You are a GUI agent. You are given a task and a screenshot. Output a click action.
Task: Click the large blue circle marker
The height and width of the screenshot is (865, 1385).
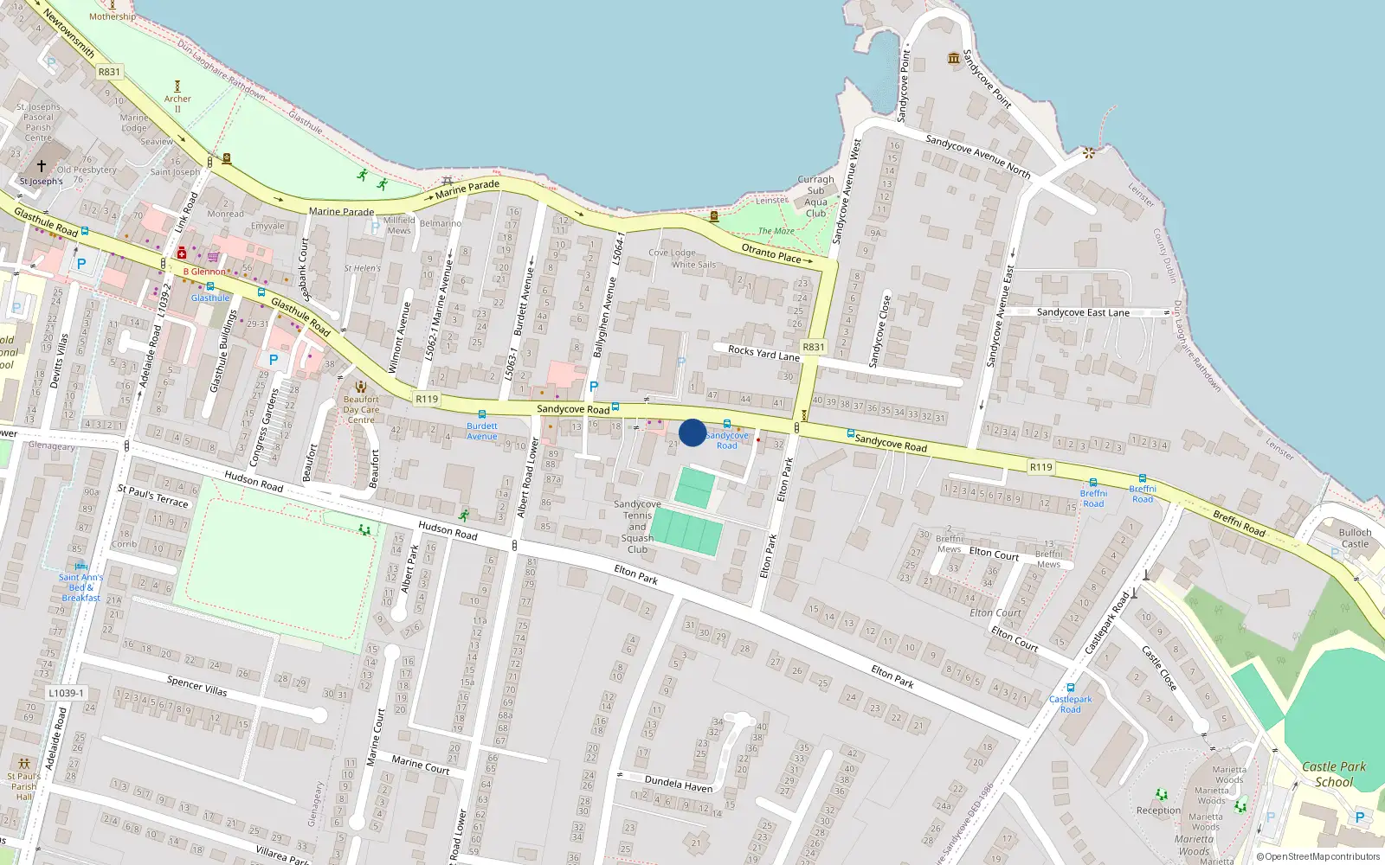692,432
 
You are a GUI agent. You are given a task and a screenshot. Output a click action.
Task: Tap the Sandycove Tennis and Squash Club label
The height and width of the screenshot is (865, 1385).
637,526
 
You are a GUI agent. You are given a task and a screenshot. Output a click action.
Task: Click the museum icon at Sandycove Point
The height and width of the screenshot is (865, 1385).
954,58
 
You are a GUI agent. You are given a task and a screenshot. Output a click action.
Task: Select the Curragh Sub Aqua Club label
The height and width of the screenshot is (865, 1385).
815,196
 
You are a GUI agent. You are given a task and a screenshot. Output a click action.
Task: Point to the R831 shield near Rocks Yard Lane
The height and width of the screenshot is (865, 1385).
814,347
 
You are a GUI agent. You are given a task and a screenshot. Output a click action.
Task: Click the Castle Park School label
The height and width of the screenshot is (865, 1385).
1334,774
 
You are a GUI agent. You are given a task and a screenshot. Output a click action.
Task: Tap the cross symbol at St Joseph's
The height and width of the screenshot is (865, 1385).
41,165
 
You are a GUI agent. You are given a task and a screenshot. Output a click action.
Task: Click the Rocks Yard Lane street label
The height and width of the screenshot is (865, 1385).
763,353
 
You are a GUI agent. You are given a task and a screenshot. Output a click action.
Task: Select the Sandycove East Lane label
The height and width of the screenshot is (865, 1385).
1083,312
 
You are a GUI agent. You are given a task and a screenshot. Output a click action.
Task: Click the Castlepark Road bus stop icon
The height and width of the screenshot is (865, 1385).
1071,689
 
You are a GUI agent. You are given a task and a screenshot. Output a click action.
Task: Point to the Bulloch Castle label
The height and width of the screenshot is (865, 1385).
1355,538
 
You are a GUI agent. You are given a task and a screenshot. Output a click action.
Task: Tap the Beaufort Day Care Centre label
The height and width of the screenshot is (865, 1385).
361,409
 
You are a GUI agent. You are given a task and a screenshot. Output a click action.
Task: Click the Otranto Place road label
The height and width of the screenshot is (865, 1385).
772,253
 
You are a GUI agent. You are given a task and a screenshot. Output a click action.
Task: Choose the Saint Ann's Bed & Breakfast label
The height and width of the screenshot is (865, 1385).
81,587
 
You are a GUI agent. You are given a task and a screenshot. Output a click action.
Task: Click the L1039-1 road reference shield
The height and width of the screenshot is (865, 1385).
67,693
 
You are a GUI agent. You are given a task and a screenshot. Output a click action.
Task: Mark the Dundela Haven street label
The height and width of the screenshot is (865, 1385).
679,784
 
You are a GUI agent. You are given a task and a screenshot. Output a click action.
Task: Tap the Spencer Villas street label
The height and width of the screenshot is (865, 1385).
197,686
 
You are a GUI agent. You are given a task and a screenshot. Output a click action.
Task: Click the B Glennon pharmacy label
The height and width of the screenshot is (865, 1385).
204,272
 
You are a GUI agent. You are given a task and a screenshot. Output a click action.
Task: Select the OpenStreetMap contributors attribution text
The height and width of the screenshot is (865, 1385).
1318,857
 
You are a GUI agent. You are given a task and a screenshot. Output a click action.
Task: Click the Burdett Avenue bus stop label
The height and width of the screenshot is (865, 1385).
482,431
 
